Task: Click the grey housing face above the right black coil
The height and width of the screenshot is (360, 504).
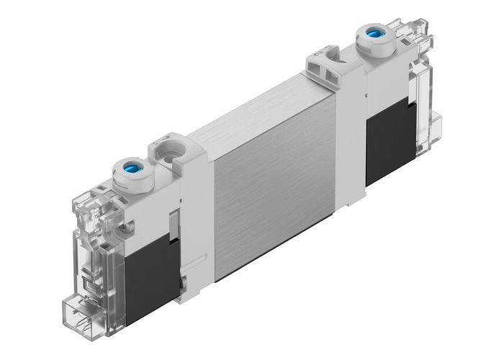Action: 385,94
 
